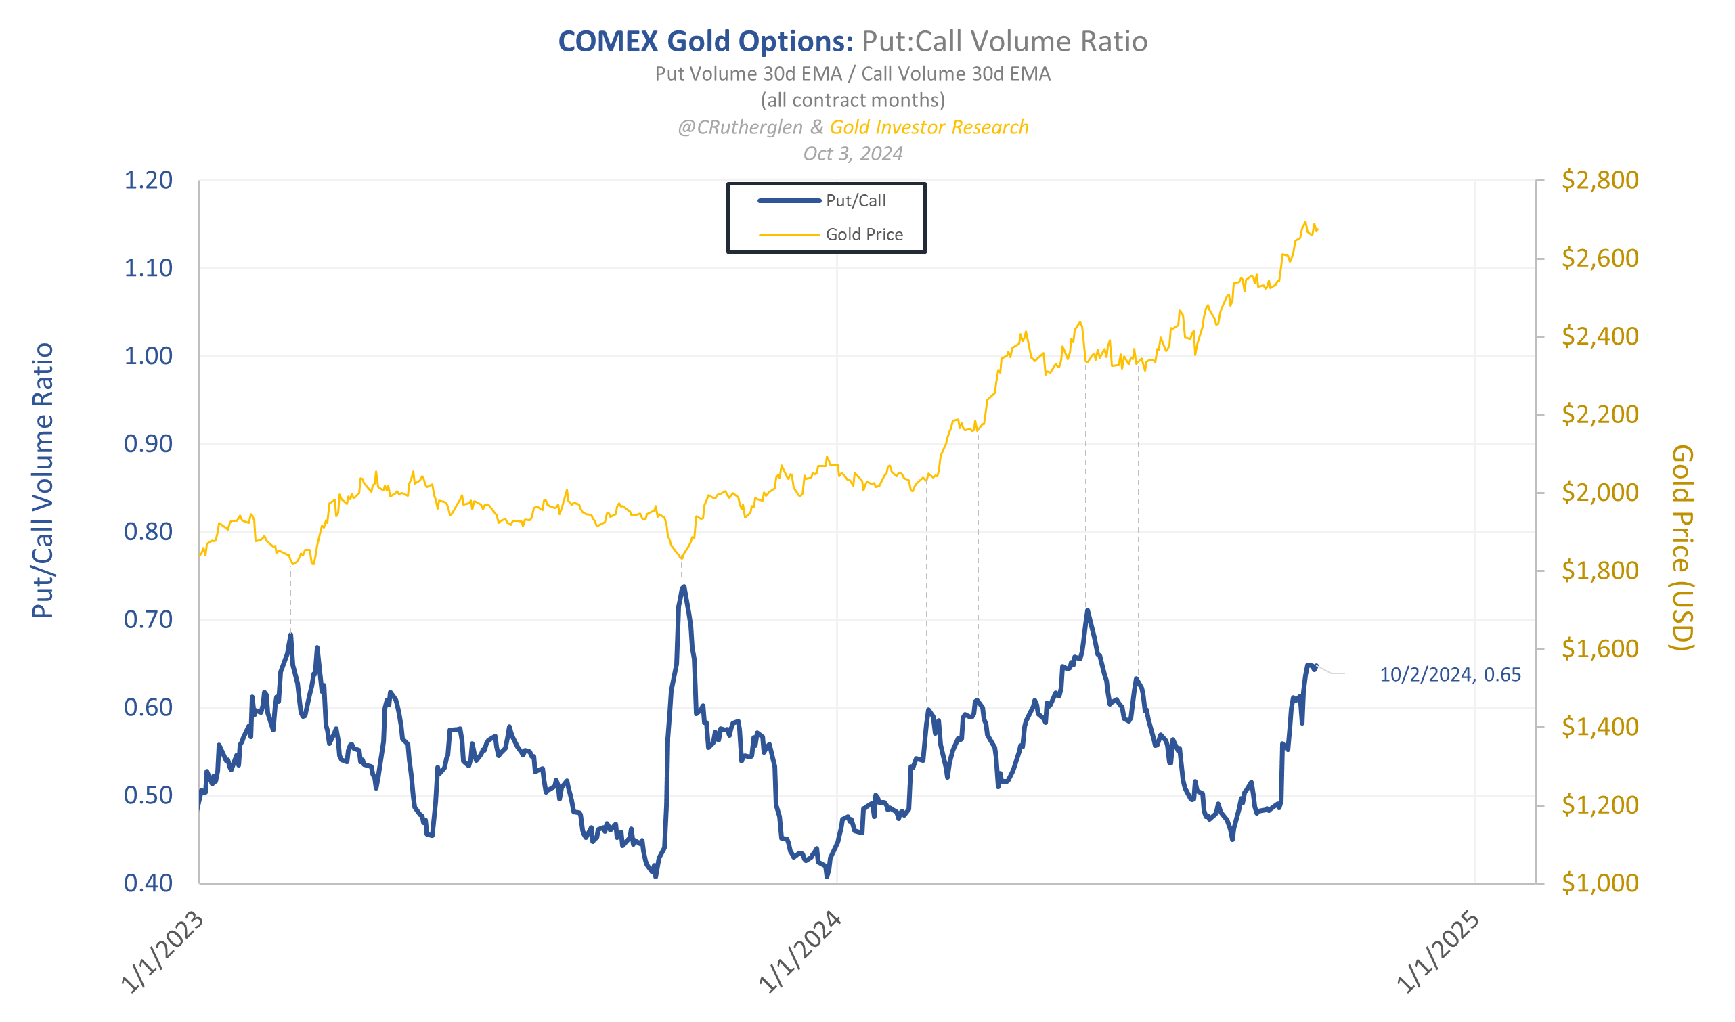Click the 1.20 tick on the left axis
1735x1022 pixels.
148,181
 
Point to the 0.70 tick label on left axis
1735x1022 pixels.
148,621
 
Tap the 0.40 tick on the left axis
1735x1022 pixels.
148,884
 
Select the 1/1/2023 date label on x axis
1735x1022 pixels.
163,953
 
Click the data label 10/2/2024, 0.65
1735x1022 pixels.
1451,675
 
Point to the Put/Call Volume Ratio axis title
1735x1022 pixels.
43,481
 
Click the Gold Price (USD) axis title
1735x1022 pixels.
1683,548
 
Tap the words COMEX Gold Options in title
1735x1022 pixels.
706,42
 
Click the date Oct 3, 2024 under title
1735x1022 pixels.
854,154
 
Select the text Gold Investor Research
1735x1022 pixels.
929,127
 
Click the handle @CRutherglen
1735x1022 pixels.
741,127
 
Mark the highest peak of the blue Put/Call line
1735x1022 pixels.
684,587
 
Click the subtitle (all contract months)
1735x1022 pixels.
854,101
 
